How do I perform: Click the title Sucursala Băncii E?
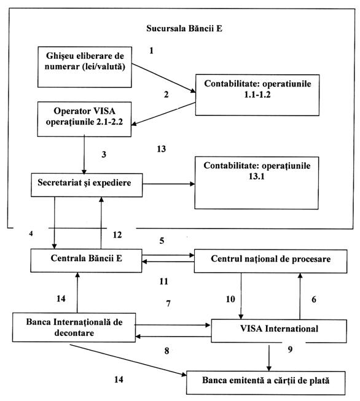(x=184, y=28)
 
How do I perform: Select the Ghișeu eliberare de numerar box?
(x=85, y=67)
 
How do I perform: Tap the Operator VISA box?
(x=84, y=119)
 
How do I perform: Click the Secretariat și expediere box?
(x=87, y=185)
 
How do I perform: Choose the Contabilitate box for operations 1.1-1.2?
(x=257, y=95)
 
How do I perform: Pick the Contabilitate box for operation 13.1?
(x=257, y=183)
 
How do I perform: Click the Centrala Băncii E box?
(x=86, y=260)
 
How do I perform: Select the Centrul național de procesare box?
(x=271, y=262)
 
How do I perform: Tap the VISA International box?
(x=279, y=330)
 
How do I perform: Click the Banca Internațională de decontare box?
(x=74, y=327)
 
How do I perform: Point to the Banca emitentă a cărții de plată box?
(x=266, y=383)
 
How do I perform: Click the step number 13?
(x=162, y=149)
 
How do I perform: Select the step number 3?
(x=104, y=155)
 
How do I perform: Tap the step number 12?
(x=117, y=235)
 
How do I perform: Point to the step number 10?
(x=230, y=299)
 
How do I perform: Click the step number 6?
(x=314, y=299)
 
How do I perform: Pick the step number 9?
(x=290, y=349)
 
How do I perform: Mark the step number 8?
(x=167, y=351)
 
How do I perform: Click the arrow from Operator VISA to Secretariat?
(x=84, y=155)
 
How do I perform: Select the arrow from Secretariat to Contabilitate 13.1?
(x=168, y=184)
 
